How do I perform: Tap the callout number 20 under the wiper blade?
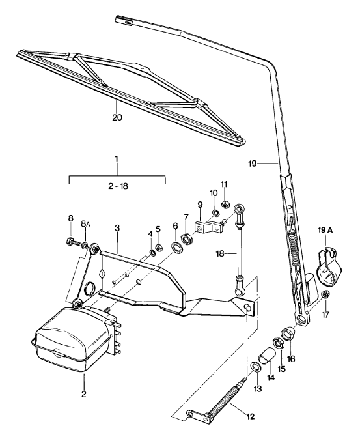click(117, 117)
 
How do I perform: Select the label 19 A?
click(325, 231)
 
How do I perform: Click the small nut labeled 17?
click(325, 294)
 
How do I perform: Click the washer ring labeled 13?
click(255, 367)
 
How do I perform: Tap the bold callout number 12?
click(250, 416)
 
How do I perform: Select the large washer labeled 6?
click(177, 248)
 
